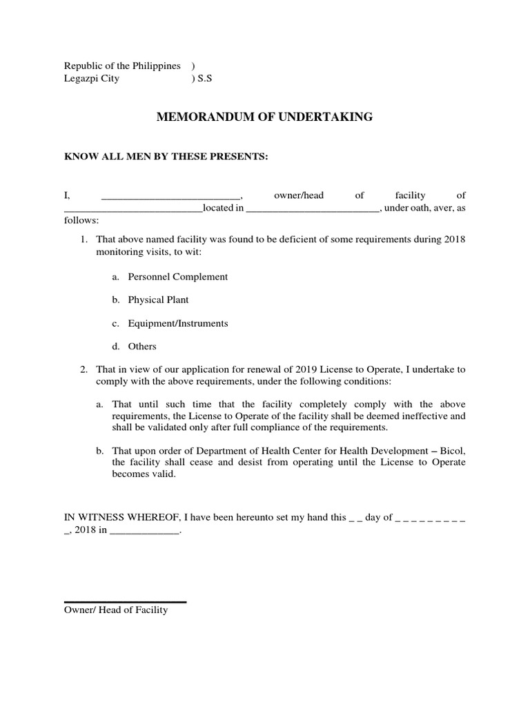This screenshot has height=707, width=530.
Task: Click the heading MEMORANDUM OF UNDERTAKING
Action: coord(265,117)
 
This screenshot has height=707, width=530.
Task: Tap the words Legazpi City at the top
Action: coord(92,79)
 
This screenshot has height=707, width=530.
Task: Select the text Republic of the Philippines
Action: coord(122,66)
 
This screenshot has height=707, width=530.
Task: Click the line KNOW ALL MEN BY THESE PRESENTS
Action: coord(165,157)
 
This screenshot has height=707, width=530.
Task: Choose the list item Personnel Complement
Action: coord(177,277)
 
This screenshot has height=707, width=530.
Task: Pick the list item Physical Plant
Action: coord(158,300)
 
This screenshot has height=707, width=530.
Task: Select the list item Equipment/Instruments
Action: coord(177,323)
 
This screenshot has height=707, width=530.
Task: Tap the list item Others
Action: coord(142,347)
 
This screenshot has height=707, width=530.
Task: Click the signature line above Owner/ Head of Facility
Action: coord(125,603)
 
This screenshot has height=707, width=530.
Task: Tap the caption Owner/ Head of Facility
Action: coord(116,611)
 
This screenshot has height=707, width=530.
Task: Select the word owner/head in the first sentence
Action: coord(299,196)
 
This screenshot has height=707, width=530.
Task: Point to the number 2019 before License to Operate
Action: coord(252,370)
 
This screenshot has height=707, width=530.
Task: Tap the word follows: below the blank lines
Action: coord(81,221)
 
